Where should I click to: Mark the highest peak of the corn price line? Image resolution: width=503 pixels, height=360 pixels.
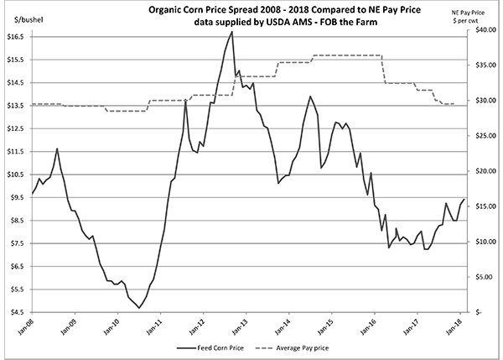[232, 32]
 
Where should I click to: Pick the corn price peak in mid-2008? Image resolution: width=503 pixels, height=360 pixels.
[57, 149]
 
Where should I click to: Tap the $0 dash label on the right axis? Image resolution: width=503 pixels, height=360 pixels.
[478, 311]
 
